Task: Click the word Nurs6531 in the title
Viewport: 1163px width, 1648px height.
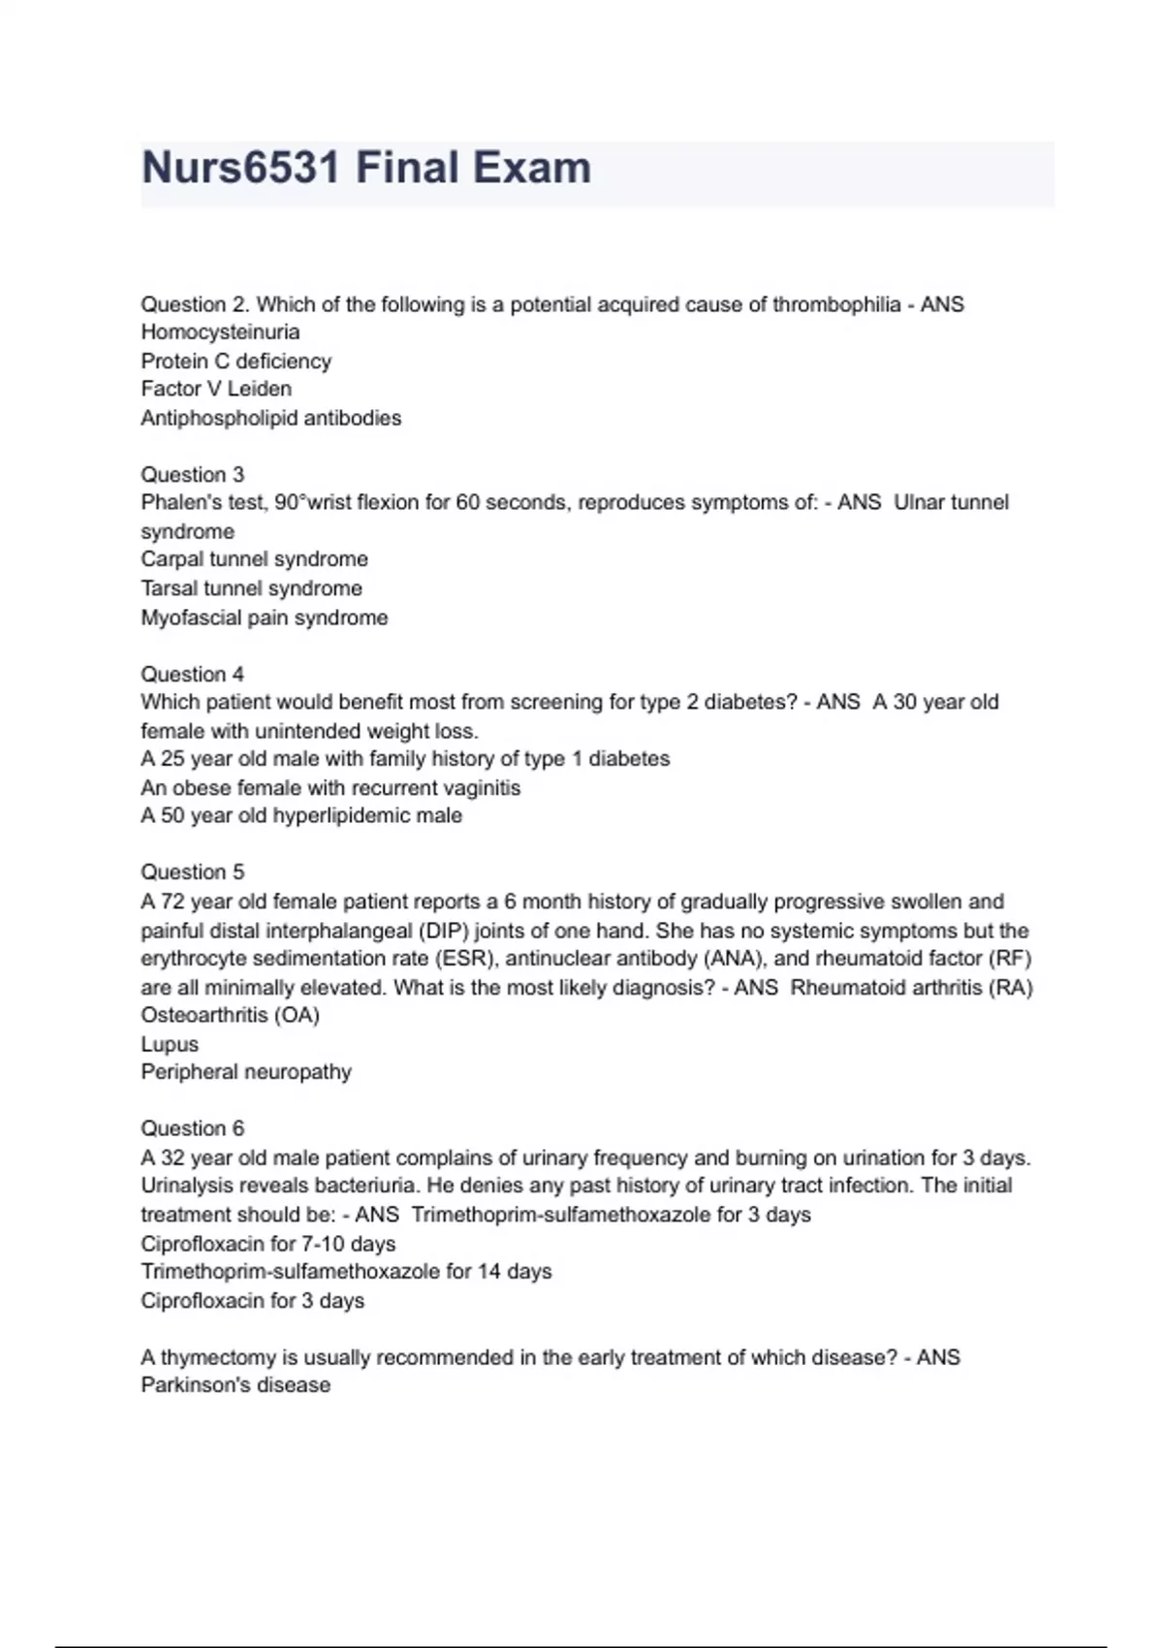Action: [x=239, y=168]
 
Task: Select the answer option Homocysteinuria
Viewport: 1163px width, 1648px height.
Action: [x=220, y=333]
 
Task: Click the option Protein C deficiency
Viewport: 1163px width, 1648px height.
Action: [x=236, y=362]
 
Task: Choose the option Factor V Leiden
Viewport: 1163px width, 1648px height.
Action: [x=216, y=389]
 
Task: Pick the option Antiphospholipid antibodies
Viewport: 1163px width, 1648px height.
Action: [x=270, y=418]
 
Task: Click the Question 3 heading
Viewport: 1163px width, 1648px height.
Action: [x=192, y=475]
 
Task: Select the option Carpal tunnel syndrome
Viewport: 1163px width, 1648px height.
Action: [x=254, y=559]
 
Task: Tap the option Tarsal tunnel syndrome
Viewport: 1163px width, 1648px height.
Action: [x=251, y=588]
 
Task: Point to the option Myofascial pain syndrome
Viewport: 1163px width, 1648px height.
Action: [x=264, y=618]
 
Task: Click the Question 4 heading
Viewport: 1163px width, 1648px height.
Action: [x=192, y=674]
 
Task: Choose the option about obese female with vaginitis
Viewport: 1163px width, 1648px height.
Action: [x=330, y=788]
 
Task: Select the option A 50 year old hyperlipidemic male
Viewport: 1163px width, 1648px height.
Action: [x=300, y=815]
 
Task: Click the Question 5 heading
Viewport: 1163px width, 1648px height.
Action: [x=192, y=872]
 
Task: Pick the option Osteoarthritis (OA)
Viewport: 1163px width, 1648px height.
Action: [x=230, y=1015]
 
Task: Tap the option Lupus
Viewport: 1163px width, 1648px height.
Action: [x=170, y=1044]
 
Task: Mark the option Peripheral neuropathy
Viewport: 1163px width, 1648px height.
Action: [x=245, y=1072]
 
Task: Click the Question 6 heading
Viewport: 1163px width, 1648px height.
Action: [x=192, y=1128]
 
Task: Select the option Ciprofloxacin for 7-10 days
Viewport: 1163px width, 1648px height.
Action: [x=267, y=1244]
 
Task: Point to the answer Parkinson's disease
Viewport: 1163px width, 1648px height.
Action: [x=236, y=1385]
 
